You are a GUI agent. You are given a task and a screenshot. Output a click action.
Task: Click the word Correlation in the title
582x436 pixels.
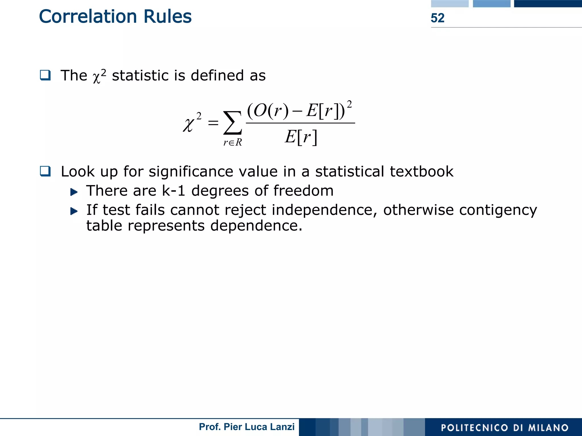(88, 16)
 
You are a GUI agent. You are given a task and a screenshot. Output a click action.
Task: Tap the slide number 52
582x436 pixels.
(437, 18)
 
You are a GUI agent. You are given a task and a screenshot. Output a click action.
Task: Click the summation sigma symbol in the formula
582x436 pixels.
(232, 123)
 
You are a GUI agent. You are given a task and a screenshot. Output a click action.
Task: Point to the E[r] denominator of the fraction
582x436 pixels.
(301, 137)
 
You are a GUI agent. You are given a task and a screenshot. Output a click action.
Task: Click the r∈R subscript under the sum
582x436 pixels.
(232, 142)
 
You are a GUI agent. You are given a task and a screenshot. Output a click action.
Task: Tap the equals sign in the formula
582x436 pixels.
(213, 123)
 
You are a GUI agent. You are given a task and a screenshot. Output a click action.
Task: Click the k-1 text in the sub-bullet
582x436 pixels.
(173, 190)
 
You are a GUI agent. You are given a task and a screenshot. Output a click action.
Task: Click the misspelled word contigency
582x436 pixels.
(498, 210)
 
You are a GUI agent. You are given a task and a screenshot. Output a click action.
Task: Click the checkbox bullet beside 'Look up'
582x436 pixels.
(45, 171)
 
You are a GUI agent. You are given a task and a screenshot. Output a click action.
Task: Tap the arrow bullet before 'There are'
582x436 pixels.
(74, 192)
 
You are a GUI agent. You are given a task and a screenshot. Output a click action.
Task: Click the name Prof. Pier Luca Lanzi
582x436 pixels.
(246, 427)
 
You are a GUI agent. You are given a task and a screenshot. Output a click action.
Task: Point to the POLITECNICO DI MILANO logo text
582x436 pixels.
(504, 427)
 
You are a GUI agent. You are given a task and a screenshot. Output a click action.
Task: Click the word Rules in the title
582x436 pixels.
(167, 16)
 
